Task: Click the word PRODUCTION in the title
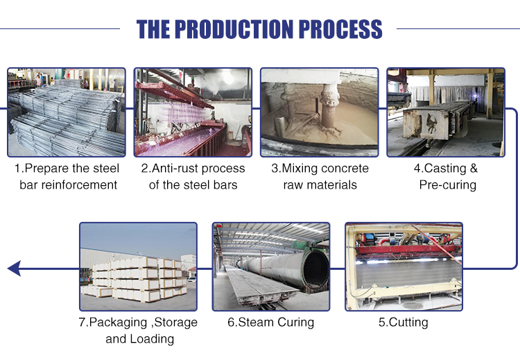[x=234, y=29]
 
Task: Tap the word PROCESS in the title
[x=340, y=29]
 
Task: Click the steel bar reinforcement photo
[x=67, y=112]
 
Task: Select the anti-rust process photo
[x=193, y=112]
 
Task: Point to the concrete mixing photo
[x=320, y=112]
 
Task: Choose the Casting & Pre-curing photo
[x=446, y=112]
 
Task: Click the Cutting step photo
[x=404, y=267]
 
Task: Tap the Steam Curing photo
[x=271, y=267]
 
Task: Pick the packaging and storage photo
[x=138, y=267]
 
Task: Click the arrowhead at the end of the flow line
[x=14, y=268]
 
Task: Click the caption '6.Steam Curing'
[x=270, y=323]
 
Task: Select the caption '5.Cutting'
[x=404, y=323]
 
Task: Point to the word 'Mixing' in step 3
[x=300, y=169]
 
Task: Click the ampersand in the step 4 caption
[x=474, y=169]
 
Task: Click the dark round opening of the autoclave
[x=315, y=269]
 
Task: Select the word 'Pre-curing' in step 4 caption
[x=448, y=185]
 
